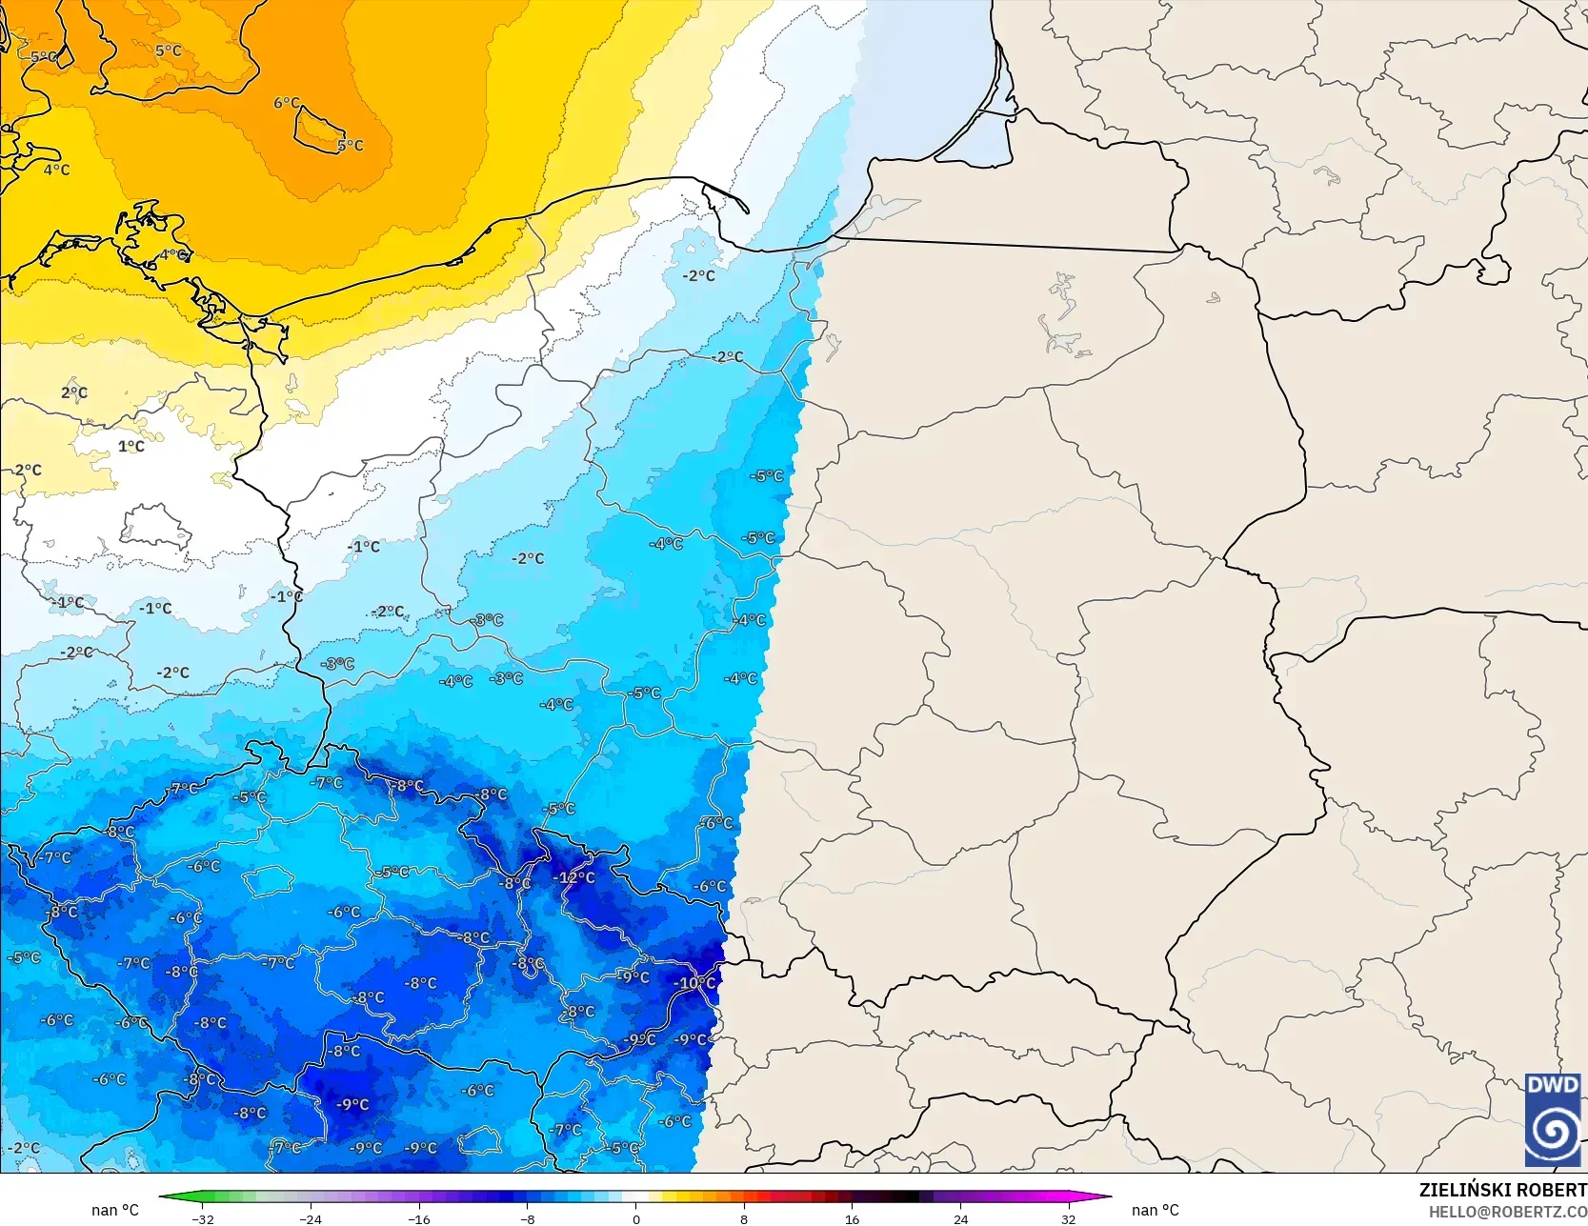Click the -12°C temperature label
pyautogui.click(x=575, y=877)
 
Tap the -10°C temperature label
pyautogui.click(x=694, y=982)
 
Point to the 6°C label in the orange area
pyautogui.click(x=286, y=103)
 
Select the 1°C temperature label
pyautogui.click(x=131, y=446)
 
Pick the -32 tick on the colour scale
pyautogui.click(x=202, y=1218)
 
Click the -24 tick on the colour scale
pyautogui.click(x=311, y=1218)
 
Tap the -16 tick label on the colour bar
pyautogui.click(x=419, y=1218)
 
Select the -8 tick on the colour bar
pyautogui.click(x=528, y=1218)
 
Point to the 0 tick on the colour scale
pyautogui.click(x=635, y=1218)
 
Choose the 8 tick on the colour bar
pyautogui.click(x=744, y=1218)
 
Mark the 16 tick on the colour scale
pyautogui.click(x=852, y=1218)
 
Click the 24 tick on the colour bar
pyautogui.click(x=960, y=1218)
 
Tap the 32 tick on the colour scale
pyautogui.click(x=1068, y=1218)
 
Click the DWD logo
pyautogui.click(x=1553, y=1119)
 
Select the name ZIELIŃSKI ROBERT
pyautogui.click(x=1502, y=1190)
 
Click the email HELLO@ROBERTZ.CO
pyautogui.click(x=1507, y=1211)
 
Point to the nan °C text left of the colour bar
pyautogui.click(x=115, y=1210)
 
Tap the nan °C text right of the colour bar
pyautogui.click(x=1155, y=1210)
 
